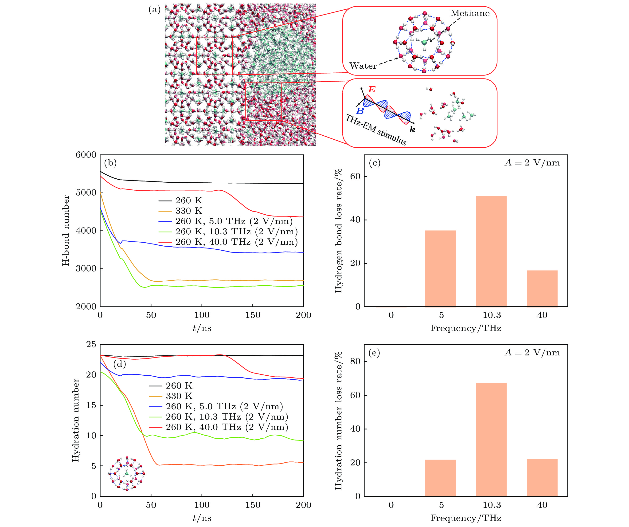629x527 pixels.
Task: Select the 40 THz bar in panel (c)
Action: (x=542, y=288)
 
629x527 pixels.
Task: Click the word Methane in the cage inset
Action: (x=470, y=13)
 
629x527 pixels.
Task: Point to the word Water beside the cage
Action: (x=363, y=66)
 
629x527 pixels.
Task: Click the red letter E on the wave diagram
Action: (x=372, y=89)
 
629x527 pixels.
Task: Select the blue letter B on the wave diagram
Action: (x=360, y=111)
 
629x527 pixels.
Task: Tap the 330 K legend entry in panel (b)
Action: (x=188, y=211)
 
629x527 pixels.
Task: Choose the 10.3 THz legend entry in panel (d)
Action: (x=227, y=417)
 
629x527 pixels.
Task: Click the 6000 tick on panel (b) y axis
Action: (x=86, y=155)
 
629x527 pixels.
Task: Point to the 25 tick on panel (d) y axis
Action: (x=91, y=345)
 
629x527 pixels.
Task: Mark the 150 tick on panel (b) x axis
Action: (x=253, y=315)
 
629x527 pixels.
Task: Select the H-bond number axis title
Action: (x=66, y=230)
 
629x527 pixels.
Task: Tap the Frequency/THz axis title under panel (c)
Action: (x=466, y=328)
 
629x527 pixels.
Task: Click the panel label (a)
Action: (x=154, y=10)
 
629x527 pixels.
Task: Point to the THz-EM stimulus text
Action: (x=376, y=130)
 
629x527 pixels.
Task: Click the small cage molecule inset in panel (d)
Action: (x=126, y=474)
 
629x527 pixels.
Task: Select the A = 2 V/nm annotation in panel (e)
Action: (x=532, y=353)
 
